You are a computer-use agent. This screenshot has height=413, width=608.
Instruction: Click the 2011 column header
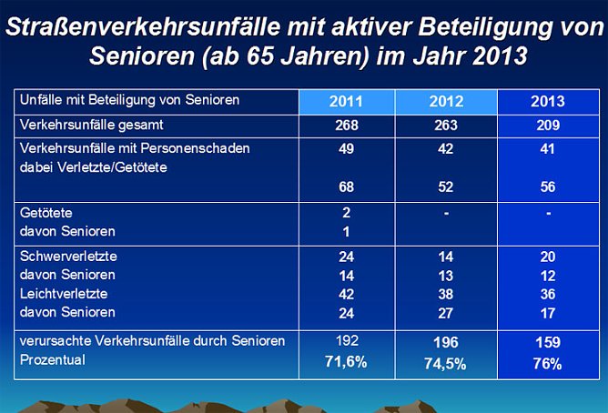click(346, 102)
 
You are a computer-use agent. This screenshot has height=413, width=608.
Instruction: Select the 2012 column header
click(446, 102)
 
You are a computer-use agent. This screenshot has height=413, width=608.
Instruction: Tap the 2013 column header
click(547, 102)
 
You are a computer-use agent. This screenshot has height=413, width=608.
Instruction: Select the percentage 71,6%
click(346, 363)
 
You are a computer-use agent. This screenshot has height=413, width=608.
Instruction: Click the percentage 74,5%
click(446, 363)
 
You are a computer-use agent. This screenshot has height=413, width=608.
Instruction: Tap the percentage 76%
click(547, 363)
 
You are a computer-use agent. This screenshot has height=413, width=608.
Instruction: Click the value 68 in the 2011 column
click(346, 187)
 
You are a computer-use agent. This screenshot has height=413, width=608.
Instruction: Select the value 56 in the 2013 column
click(547, 187)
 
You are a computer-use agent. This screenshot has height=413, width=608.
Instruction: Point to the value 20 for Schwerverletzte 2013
click(547, 257)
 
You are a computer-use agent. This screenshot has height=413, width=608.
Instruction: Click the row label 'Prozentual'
click(53, 361)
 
